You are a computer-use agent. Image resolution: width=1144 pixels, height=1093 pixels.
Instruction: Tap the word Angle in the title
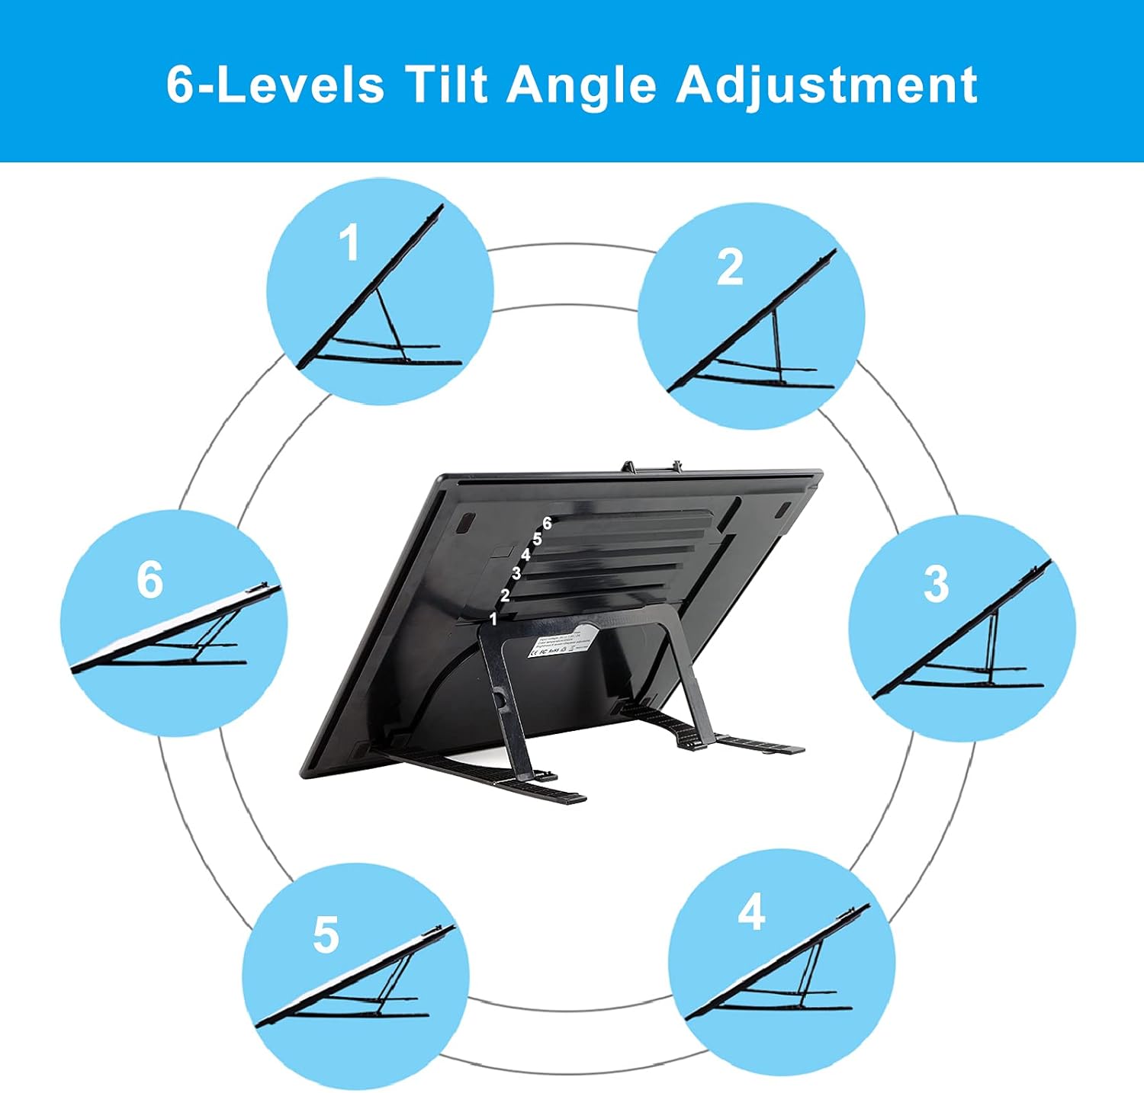pos(581,85)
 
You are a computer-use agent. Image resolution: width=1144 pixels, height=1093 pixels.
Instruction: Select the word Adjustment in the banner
pos(827,85)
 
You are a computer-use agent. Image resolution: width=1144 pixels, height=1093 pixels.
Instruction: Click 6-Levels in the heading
pos(275,84)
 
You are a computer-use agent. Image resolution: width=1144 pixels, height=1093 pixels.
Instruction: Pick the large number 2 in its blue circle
pos(729,268)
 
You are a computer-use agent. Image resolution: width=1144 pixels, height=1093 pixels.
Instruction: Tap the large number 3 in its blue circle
pos(936,585)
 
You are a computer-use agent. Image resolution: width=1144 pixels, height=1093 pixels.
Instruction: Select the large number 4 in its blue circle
pos(751,912)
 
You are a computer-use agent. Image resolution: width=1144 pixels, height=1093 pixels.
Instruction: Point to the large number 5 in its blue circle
pos(326,935)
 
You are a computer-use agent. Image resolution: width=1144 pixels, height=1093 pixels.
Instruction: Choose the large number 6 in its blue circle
pos(149,579)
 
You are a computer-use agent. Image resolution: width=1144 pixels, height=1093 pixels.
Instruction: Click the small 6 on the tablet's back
pos(547,524)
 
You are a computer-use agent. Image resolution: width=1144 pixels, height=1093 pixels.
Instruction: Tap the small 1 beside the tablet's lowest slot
pos(493,619)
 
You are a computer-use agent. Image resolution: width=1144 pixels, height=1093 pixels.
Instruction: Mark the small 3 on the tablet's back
pos(516,573)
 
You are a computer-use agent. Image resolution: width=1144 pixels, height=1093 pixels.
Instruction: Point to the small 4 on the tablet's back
pos(525,556)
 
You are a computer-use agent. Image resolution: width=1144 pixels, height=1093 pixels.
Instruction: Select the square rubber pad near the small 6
pos(464,524)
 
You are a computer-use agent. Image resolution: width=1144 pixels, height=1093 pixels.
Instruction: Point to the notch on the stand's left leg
pos(499,698)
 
